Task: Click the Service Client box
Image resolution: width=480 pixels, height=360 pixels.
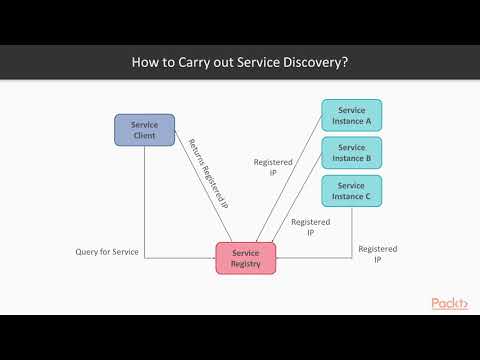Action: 145,129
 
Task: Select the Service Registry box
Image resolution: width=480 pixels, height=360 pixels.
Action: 246,259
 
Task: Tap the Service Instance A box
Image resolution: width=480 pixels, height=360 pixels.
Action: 351,115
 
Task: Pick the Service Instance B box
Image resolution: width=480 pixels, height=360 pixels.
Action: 351,153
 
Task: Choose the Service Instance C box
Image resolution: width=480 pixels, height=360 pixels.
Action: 351,190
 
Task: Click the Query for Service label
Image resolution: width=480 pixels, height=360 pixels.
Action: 107,251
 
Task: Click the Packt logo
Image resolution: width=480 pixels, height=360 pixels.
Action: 449,303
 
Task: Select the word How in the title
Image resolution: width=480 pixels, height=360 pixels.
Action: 147,61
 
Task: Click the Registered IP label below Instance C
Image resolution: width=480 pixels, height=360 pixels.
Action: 378,254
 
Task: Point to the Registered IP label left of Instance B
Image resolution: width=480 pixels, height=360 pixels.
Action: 273,166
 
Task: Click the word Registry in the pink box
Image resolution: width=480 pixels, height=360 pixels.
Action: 246,265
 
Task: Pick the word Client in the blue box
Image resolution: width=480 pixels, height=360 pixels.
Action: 145,135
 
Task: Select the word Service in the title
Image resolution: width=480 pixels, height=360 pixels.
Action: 254,61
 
